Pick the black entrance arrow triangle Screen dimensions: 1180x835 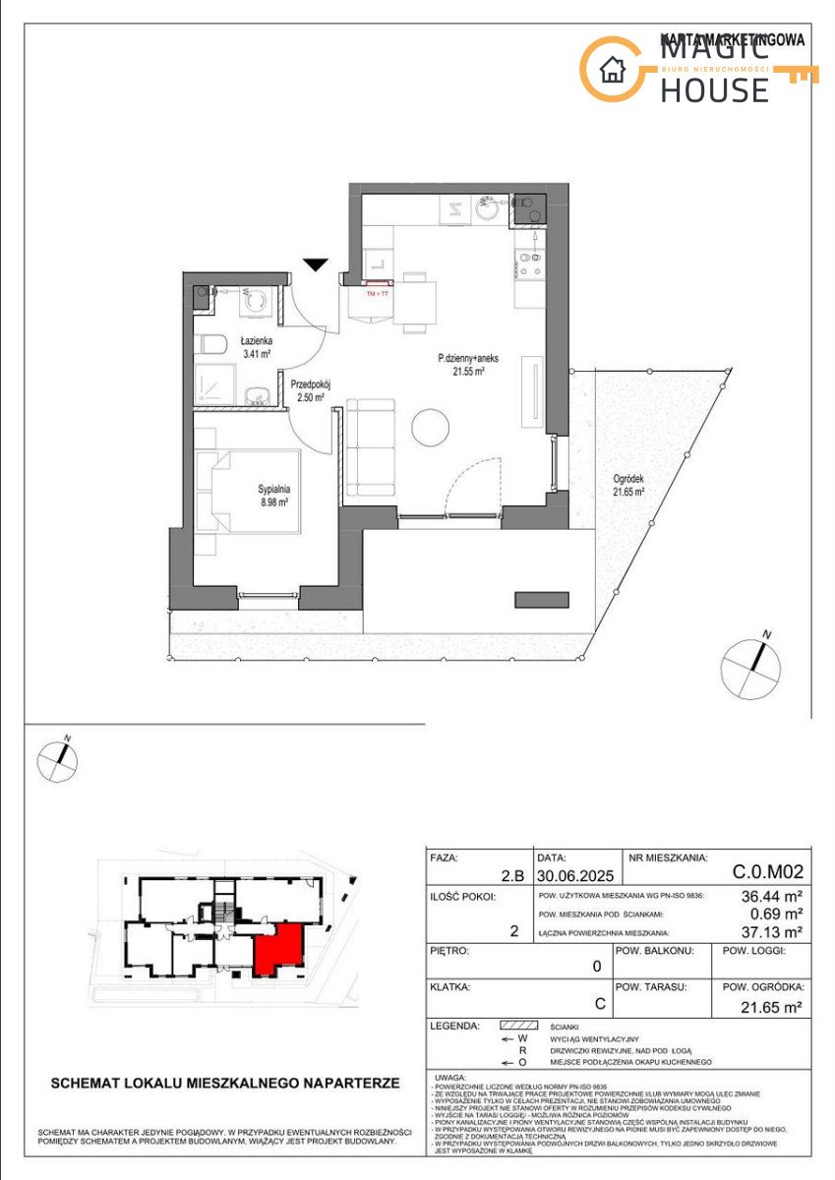pos(315,265)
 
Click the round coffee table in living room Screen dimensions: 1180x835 pos(430,426)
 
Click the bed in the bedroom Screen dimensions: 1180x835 pos(246,492)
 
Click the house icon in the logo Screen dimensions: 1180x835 pos(613,70)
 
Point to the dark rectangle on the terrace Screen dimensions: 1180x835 pos(541,599)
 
